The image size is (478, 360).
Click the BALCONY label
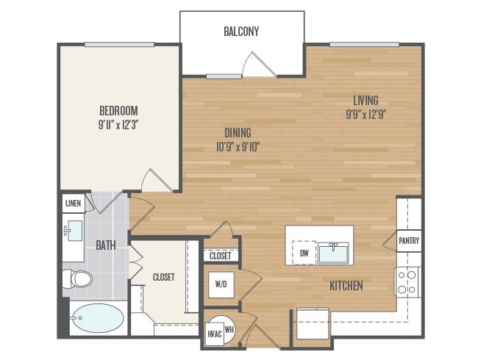(241, 32)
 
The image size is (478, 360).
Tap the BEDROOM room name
(118, 110)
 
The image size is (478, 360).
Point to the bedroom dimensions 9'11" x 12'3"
(118, 125)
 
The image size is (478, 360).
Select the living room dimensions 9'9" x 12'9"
(366, 115)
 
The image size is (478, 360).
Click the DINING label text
(238, 133)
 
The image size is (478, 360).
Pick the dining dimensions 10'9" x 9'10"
(238, 147)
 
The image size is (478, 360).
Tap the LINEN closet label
(73, 204)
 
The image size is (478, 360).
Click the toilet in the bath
(77, 278)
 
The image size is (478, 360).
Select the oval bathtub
(98, 317)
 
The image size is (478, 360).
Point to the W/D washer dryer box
(221, 284)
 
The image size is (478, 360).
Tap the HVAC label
(215, 334)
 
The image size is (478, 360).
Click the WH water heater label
(229, 329)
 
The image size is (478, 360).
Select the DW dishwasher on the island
(304, 253)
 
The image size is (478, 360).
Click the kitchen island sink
(333, 253)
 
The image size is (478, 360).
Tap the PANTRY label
(409, 240)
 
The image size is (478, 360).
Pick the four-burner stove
(407, 282)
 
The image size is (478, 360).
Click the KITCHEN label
(346, 286)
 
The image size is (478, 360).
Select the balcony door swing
(259, 65)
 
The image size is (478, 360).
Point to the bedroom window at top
(119, 45)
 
